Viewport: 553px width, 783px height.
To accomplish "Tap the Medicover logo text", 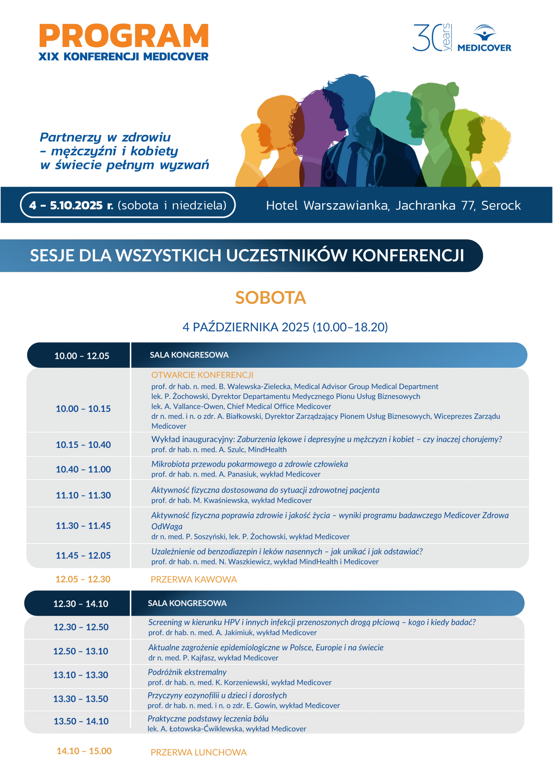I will [x=484, y=48].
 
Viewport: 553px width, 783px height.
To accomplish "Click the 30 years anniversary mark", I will [x=432, y=38].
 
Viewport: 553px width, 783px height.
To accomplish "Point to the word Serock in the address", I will [x=500, y=205].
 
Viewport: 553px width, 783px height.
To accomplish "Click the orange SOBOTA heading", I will [x=270, y=297].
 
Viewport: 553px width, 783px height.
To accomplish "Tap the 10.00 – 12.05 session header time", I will [x=82, y=356].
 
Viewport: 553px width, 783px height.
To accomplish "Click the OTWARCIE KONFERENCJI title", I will [x=202, y=375].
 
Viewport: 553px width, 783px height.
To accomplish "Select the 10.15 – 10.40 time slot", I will [x=83, y=445].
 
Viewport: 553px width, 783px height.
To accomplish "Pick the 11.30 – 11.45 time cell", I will [x=83, y=525].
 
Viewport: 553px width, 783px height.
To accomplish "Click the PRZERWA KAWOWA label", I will [x=193, y=579].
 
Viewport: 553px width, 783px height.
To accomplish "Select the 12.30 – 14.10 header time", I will [x=81, y=604].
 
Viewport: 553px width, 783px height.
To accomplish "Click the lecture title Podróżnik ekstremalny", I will [x=187, y=672].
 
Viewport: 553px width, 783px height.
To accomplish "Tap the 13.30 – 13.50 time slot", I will [x=81, y=699].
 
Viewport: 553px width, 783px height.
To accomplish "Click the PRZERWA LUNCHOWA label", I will [x=198, y=752].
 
